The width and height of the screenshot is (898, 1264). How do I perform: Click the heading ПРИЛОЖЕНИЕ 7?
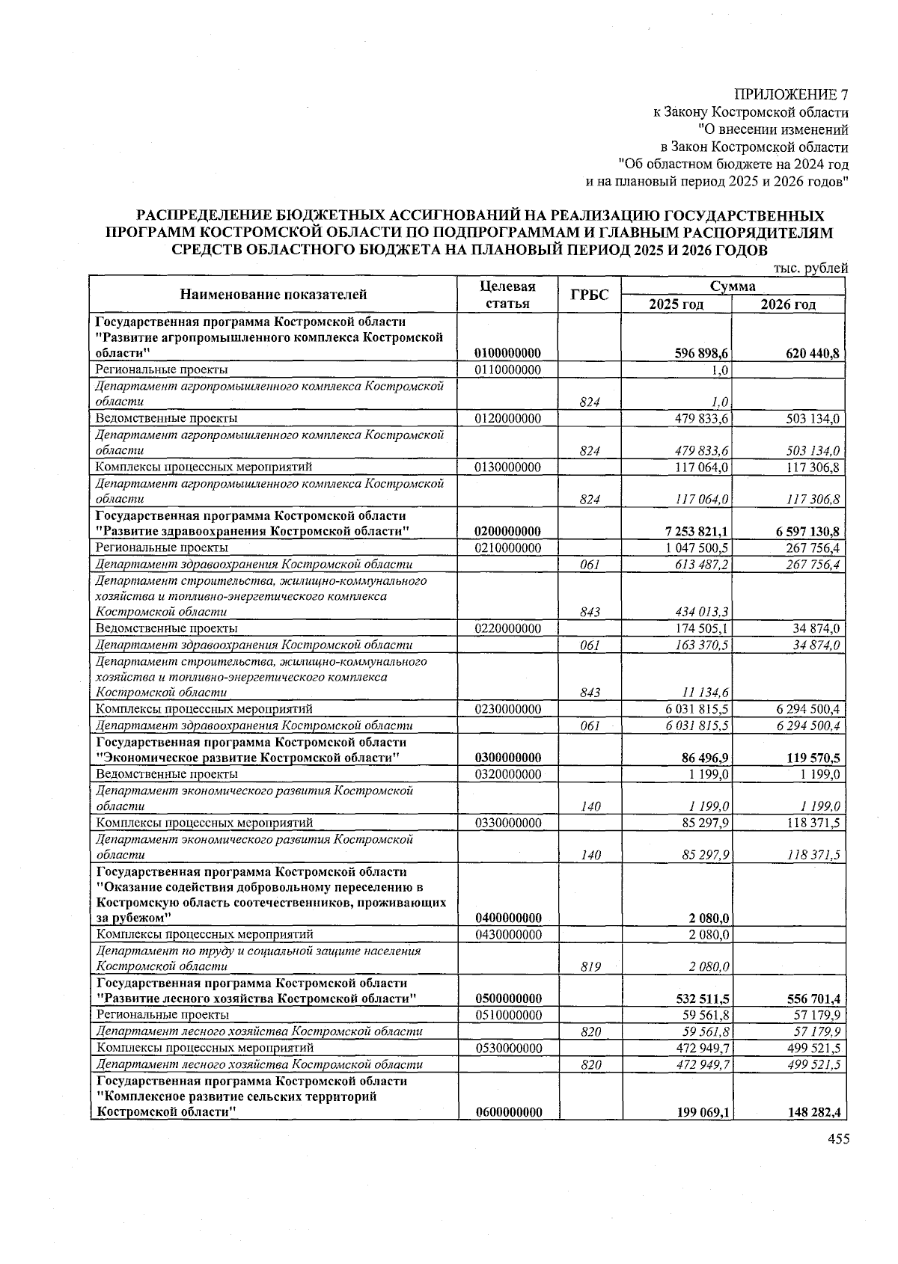[791, 95]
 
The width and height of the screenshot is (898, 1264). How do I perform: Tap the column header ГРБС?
[590, 295]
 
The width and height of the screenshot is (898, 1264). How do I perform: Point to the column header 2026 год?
[788, 304]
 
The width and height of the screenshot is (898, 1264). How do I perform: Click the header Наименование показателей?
[273, 295]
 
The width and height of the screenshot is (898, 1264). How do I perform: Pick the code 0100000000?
[508, 353]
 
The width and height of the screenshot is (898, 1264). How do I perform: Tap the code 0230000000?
[508, 709]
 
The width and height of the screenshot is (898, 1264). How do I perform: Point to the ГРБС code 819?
[590, 967]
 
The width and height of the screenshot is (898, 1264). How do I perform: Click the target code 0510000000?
[508, 1015]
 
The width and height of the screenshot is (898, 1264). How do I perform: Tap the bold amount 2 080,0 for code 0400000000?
[709, 918]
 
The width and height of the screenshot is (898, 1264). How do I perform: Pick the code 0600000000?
[508, 1113]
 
